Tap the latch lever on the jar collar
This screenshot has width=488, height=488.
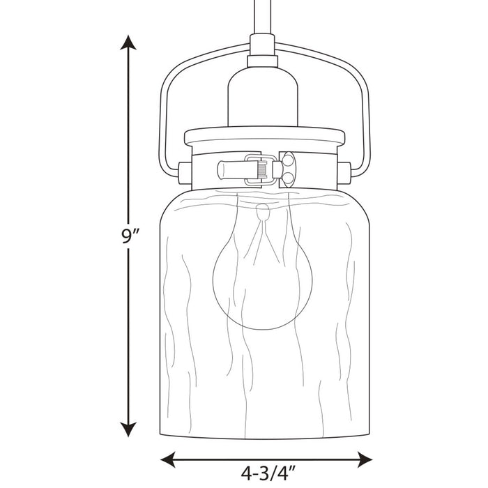coord(244,169)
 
